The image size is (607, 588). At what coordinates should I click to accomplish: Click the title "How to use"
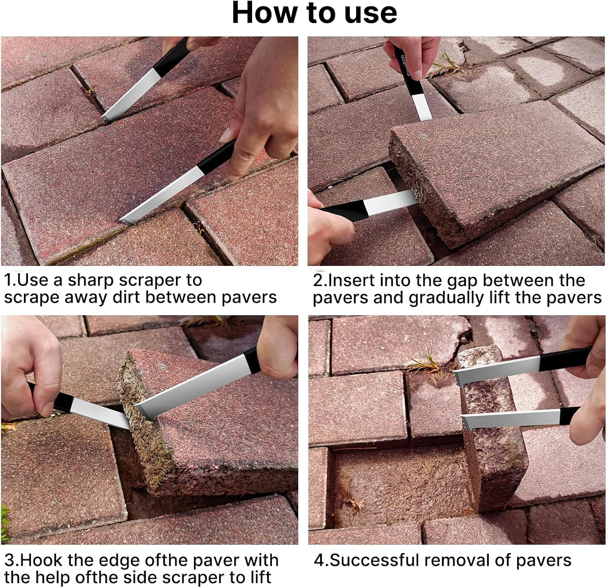(314, 13)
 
